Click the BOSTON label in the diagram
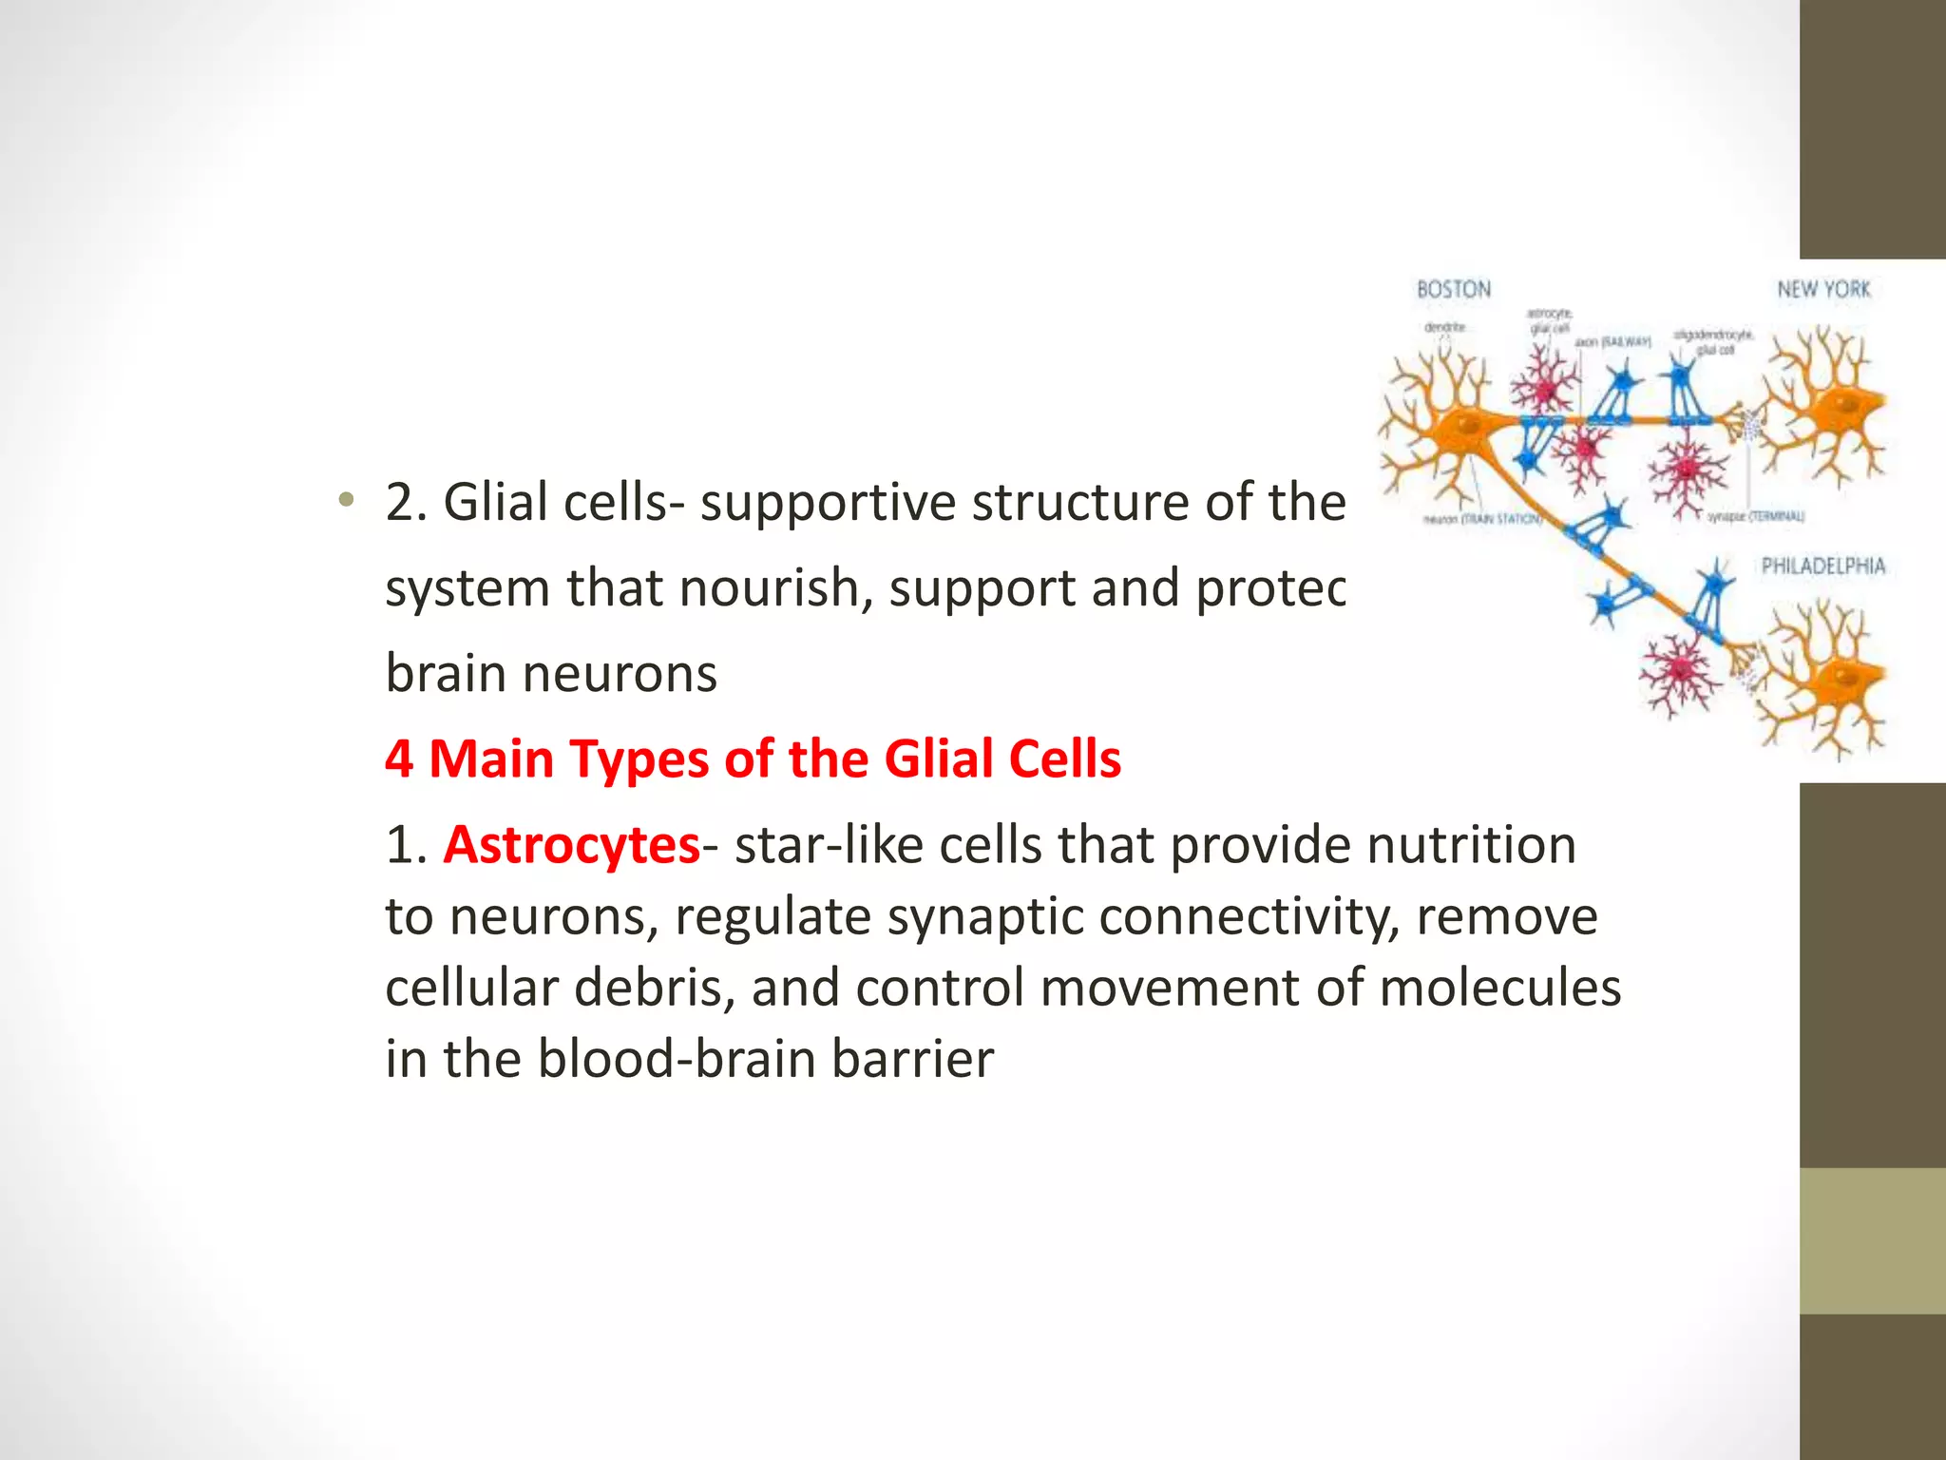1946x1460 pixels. [1453, 289]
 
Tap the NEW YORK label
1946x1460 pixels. [1822, 289]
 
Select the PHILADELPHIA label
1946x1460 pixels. [1822, 567]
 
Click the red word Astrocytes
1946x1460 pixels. [571, 844]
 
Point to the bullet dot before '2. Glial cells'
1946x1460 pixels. [347, 500]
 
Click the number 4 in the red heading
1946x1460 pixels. [398, 759]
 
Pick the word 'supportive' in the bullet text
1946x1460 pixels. [827, 503]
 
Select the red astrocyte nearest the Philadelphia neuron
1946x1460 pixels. [1680, 669]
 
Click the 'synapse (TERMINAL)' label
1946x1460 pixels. [1756, 516]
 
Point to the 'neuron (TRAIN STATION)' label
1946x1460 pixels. [1482, 520]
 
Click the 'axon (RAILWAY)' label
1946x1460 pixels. [1613, 341]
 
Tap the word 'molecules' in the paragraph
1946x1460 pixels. [1499, 988]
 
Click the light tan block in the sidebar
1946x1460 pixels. [1872, 1240]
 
